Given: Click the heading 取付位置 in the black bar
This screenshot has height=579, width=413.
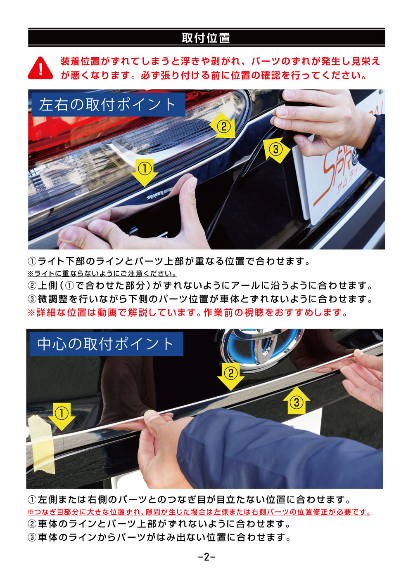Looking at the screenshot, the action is (x=206, y=38).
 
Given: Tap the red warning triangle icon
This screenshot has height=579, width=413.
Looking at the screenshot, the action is (x=40, y=68).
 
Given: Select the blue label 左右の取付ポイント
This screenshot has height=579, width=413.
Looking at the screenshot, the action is (x=108, y=104).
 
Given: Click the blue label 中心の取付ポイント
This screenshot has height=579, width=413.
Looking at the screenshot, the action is (x=107, y=344).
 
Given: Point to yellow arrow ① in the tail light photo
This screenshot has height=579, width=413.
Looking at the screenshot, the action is (x=145, y=172).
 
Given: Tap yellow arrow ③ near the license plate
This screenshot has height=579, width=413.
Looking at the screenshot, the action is (x=276, y=150).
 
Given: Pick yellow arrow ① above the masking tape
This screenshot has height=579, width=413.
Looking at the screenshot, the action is (x=62, y=416).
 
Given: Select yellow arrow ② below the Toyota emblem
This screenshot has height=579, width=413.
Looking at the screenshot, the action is (x=231, y=377).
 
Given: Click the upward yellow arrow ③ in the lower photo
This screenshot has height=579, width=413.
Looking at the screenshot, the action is (x=297, y=401).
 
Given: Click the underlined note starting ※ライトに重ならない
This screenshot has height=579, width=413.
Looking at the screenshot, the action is (x=102, y=273).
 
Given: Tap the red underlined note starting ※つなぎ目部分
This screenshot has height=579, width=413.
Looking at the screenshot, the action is (x=199, y=512).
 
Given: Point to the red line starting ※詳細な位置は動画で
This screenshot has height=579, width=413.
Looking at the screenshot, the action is (x=187, y=313).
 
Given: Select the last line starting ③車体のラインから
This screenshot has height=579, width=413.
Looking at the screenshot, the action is (x=159, y=538).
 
